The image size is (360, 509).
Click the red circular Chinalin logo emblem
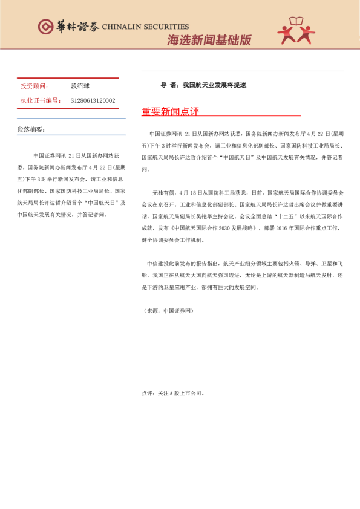coord(46,26)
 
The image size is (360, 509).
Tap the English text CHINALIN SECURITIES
coord(145,27)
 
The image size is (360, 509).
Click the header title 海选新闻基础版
coord(209,41)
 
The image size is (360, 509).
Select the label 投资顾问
coord(34,86)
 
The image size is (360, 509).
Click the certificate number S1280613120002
coord(93,100)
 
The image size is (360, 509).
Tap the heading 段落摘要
coord(31,129)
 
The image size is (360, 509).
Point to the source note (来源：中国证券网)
coord(168,310)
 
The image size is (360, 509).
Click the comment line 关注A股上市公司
coord(175,392)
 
